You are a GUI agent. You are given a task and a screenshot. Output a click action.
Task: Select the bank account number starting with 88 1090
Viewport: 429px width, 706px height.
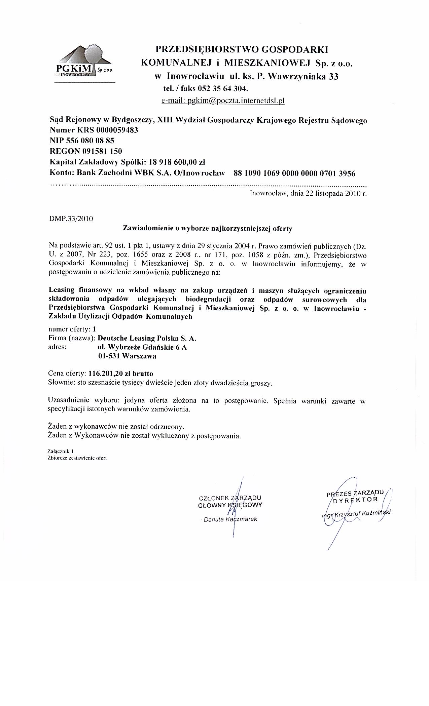[294, 173]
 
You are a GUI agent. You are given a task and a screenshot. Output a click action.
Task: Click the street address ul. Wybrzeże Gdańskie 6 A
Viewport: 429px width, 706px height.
[142, 347]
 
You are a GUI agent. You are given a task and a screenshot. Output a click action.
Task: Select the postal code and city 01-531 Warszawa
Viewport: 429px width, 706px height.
[127, 356]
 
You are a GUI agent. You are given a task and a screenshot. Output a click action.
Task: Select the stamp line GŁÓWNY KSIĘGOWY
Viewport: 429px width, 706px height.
[230, 505]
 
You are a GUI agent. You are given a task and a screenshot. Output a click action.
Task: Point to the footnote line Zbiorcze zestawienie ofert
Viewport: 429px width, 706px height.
[78, 458]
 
